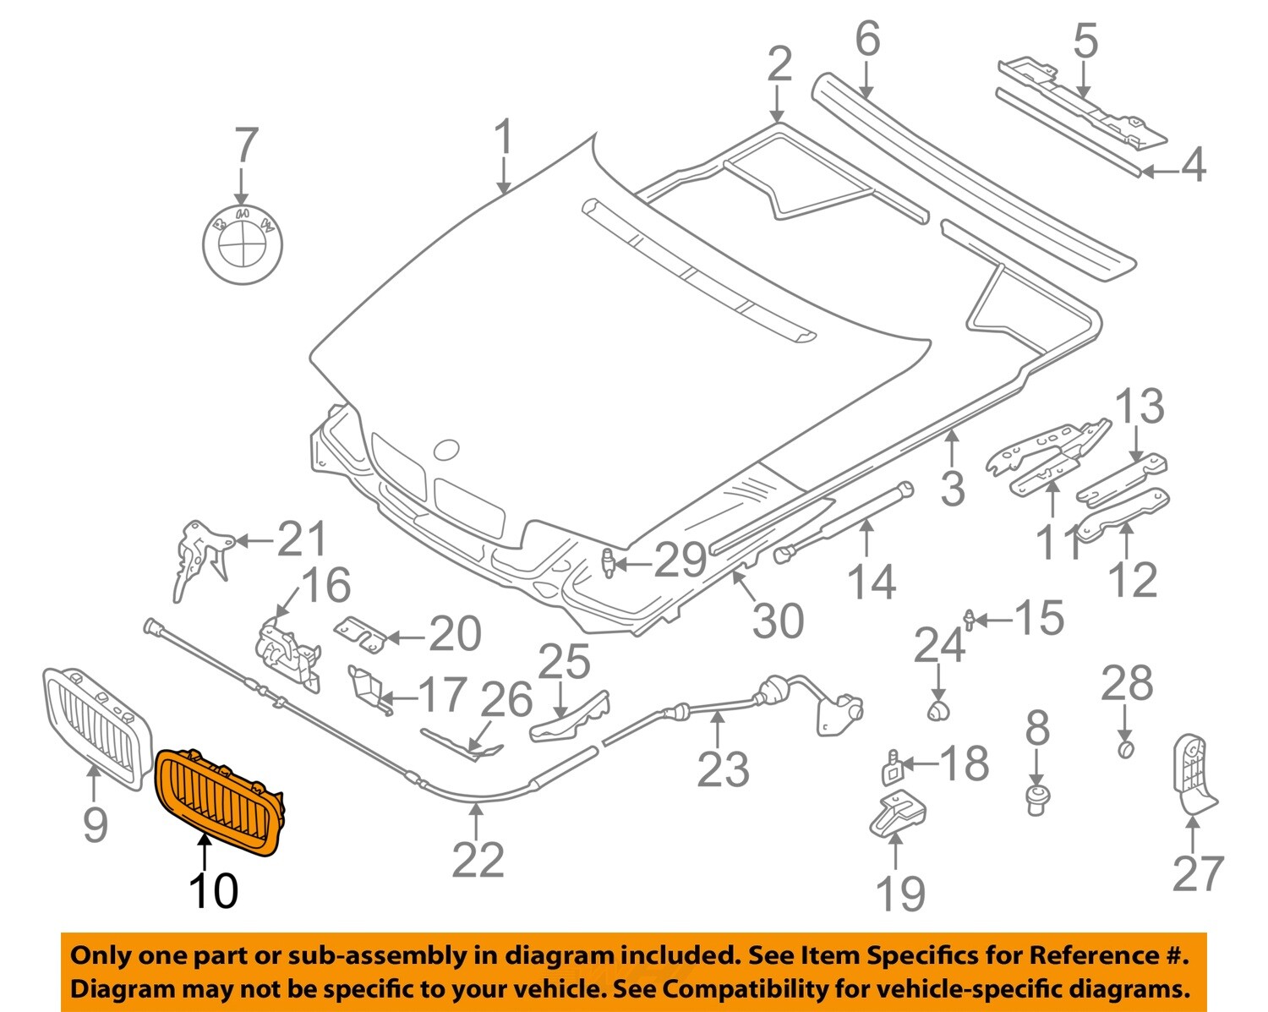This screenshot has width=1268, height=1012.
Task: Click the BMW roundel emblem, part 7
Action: point(243,243)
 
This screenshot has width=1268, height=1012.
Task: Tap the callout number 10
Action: point(213,890)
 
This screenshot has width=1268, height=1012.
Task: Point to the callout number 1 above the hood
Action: point(503,138)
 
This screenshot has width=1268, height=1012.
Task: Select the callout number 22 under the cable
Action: point(478,860)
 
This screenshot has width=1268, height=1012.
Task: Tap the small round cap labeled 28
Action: point(1125,749)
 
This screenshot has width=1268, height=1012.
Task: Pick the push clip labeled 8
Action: point(1037,797)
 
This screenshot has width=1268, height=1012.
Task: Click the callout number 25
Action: point(565,661)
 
